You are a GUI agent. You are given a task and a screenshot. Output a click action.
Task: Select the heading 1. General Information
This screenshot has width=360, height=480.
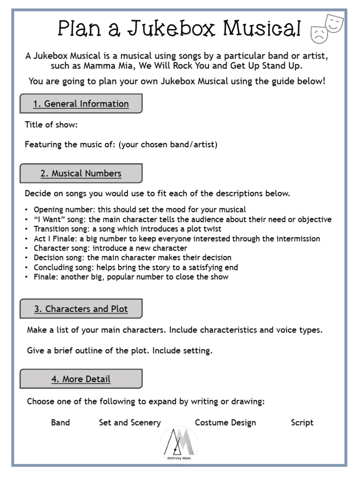(81, 104)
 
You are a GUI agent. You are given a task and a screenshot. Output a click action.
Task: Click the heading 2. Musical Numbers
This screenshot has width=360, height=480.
(81, 173)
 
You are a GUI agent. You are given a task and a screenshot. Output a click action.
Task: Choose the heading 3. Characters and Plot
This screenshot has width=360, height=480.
(81, 309)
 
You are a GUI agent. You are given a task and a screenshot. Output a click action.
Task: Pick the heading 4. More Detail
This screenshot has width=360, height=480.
(81, 379)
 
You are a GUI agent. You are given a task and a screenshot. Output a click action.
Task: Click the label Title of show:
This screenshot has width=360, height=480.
(51, 125)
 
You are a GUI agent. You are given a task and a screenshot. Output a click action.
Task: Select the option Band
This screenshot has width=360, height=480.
(60, 422)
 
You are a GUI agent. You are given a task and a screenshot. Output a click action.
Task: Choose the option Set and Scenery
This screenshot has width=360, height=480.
(130, 422)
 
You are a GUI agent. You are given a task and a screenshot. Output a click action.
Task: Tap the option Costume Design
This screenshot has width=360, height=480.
(225, 422)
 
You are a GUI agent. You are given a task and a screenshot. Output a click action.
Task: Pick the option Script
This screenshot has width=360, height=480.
(302, 422)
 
